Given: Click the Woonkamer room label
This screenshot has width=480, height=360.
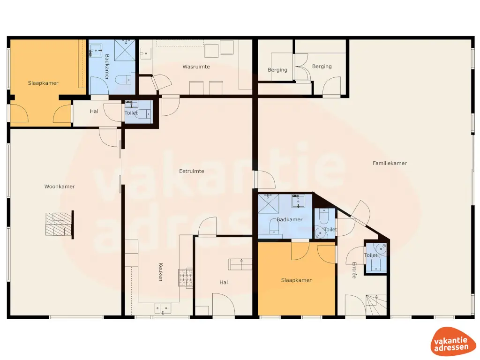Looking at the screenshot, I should tap(60, 187).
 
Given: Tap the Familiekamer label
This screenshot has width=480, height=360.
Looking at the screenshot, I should tap(390, 163).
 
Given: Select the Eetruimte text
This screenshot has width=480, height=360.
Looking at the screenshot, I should tap(192, 171).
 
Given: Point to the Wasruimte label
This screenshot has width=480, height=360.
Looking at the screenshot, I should tap(196, 67).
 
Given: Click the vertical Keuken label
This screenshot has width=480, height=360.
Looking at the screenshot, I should tap(160, 271).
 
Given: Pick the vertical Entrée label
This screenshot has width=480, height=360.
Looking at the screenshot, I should tap(354, 270).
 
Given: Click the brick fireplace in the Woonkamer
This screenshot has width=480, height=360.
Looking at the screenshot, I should tap(59, 224).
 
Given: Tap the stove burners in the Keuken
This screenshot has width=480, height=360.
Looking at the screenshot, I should tap(185, 277).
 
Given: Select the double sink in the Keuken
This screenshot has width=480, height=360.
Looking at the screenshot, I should tap(163, 308).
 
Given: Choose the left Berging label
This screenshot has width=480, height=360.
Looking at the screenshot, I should tap(277, 70).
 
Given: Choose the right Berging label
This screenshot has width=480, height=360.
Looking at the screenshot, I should tap(322, 67).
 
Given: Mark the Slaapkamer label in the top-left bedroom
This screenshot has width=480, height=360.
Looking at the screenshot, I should tap(43, 83).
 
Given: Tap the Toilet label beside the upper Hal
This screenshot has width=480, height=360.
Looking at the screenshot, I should tap(131, 113).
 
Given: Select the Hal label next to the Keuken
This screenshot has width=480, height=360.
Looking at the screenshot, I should tap(224, 282).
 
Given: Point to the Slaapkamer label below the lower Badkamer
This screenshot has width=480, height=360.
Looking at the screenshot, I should tap(296, 280).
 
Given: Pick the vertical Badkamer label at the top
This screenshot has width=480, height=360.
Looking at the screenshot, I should tap(107, 67).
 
